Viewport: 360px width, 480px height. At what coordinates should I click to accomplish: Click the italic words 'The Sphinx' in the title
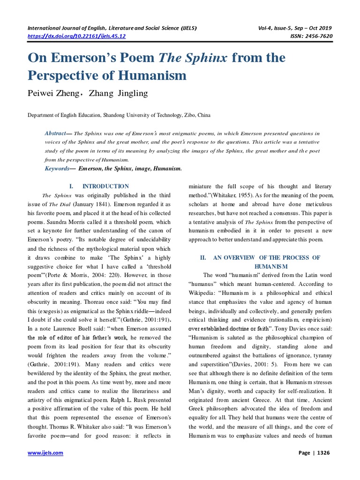click(194, 58)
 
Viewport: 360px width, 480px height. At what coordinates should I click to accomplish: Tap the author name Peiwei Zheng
click(51, 93)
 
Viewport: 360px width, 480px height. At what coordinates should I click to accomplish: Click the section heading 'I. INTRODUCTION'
click(99, 186)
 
